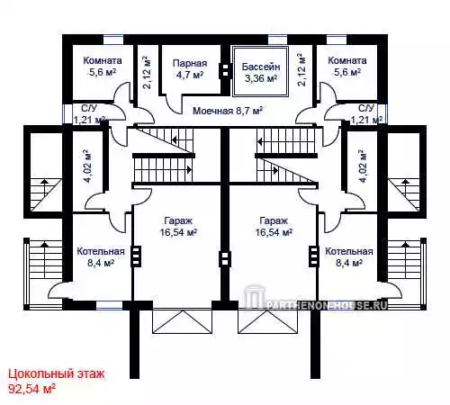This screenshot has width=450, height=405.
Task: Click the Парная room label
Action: point(190,63)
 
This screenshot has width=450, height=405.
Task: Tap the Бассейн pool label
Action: point(261,67)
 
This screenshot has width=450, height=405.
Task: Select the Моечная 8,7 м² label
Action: point(228,111)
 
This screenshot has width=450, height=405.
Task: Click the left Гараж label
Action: point(178,221)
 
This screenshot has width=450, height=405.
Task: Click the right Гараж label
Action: point(274,221)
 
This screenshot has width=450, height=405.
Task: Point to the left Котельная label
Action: point(101,251)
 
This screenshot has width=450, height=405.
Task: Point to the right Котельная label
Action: point(349,251)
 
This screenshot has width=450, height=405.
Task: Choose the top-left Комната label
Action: point(103,60)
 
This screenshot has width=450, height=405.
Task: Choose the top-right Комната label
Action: point(347,60)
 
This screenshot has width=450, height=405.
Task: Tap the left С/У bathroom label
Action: point(89,108)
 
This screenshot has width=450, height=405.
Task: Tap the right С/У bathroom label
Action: point(366,108)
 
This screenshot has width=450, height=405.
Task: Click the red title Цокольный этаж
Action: point(57,374)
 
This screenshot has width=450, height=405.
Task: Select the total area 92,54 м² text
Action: point(31,389)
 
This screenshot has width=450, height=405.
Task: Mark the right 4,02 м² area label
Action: point(363,166)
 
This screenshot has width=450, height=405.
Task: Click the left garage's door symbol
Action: point(183,321)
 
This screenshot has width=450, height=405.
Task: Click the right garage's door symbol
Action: point(268,321)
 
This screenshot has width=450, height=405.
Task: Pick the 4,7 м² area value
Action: point(190,75)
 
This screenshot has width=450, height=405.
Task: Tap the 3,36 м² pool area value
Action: point(261,78)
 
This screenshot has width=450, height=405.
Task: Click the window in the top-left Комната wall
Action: point(113,40)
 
